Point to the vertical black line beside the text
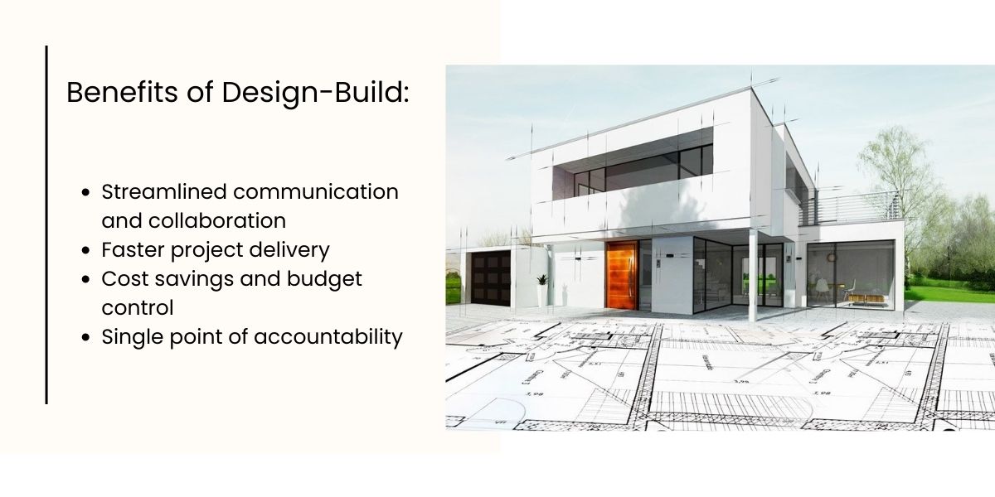46,224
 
